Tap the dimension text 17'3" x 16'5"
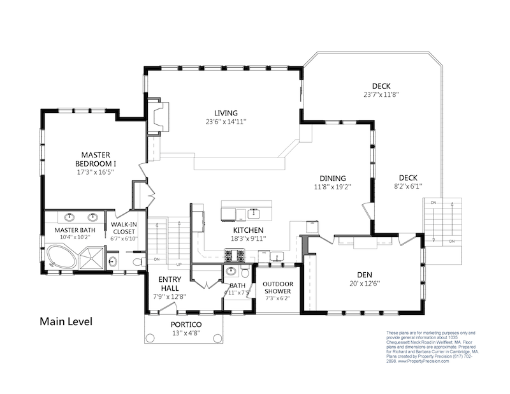click(96, 172)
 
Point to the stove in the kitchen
click(234, 256)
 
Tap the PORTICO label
click(186, 324)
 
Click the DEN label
click(365, 275)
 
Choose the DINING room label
click(333, 179)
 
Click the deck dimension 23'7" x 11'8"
click(381, 94)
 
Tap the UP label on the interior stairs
click(179, 264)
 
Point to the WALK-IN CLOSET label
click(124, 228)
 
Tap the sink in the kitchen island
click(254, 211)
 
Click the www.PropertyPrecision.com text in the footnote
click(423, 361)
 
